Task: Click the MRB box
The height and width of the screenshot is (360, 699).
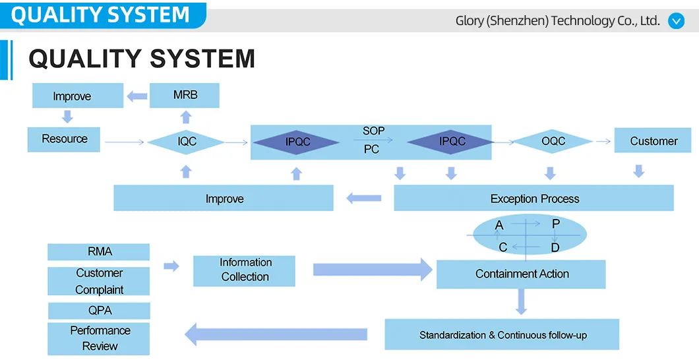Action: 185,96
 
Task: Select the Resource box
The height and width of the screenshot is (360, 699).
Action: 64,139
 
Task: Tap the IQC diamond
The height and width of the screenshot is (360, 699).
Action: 186,141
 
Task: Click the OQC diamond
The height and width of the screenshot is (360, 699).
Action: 553,141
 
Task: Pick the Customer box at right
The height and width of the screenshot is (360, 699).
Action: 653,141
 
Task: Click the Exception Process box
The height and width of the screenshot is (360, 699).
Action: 534,198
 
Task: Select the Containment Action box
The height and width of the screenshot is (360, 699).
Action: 521,274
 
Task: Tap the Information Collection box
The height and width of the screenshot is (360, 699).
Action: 245,270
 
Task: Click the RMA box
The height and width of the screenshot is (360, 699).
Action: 99,252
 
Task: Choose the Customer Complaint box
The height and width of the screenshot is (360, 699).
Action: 99,282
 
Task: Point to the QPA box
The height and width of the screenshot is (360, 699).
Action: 100,311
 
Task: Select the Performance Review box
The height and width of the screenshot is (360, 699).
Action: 100,338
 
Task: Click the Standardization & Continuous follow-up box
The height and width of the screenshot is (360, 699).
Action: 502,335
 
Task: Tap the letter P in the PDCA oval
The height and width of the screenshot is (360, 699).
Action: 556,224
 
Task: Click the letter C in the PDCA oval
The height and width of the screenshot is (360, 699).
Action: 502,248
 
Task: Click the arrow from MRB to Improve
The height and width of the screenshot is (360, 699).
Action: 137,96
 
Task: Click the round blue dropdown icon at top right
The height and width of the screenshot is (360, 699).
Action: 677,20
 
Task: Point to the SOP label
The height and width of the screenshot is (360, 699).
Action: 373,131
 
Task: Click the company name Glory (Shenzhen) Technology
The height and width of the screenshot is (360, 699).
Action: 557,20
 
